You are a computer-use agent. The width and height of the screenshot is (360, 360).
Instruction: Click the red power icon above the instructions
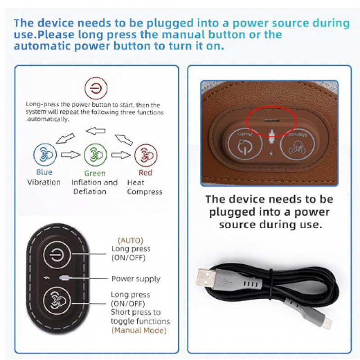tap(96, 88)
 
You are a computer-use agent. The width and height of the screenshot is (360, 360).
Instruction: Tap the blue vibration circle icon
tap(45, 155)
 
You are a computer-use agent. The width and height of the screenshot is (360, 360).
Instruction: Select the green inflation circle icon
tap(95, 155)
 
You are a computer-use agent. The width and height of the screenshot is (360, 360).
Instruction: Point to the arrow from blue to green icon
tap(71, 155)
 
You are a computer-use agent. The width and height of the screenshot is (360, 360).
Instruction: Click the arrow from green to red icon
tap(121, 155)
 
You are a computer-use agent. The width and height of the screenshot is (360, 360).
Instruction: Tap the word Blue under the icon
tap(44, 172)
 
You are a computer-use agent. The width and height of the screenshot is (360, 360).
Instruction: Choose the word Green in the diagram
tap(95, 173)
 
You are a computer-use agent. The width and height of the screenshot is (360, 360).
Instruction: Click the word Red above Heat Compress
tap(145, 172)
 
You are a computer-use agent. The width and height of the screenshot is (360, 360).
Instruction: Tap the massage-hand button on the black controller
tap(57, 301)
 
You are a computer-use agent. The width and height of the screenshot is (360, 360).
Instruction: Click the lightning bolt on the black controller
tap(47, 278)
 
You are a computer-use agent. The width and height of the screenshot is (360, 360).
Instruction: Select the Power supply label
tap(136, 279)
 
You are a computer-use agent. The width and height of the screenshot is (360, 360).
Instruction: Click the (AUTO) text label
tap(130, 240)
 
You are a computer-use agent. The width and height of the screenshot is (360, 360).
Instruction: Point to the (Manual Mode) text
tap(139, 330)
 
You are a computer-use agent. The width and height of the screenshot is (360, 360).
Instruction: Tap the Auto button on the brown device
tap(244, 144)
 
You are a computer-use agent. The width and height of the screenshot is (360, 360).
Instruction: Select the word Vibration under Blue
tap(44, 182)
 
